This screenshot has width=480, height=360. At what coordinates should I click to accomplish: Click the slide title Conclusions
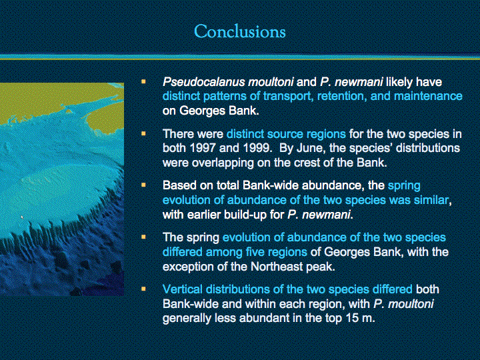(x=240, y=31)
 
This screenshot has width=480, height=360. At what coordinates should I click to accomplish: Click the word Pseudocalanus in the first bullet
(x=204, y=82)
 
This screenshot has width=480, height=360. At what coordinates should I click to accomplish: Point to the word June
(x=303, y=148)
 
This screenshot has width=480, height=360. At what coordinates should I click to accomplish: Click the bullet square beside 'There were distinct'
(x=143, y=133)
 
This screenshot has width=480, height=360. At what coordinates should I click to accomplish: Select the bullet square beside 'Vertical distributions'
(x=143, y=289)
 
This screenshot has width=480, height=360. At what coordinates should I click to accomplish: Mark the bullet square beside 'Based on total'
(x=143, y=185)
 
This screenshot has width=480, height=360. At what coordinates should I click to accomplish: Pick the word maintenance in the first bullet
(x=428, y=97)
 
